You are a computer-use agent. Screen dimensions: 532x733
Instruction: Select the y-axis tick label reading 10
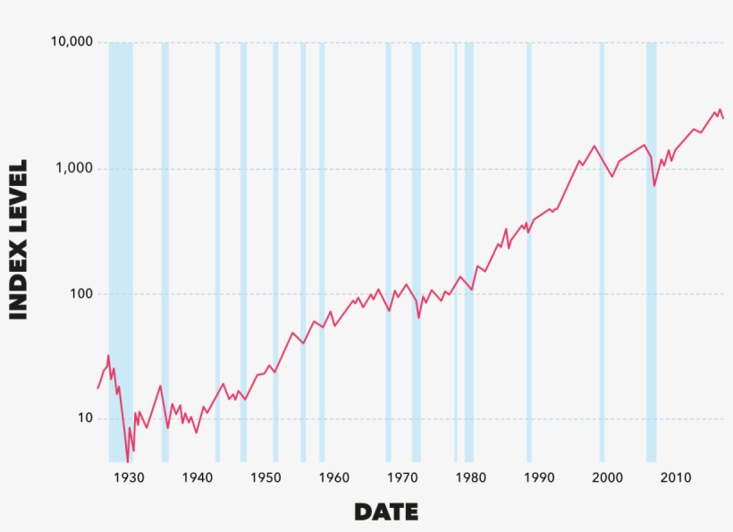(82, 418)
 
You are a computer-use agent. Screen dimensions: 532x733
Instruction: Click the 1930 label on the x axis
(129, 477)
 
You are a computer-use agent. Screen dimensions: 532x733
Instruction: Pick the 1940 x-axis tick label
(197, 477)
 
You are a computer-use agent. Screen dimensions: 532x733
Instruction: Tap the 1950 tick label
(265, 477)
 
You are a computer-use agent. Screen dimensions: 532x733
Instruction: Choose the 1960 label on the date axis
(333, 477)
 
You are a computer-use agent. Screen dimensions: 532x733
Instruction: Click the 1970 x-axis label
(402, 477)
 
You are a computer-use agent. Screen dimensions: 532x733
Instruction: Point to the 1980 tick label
(470, 477)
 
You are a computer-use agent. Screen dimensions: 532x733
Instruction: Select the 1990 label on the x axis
(539, 477)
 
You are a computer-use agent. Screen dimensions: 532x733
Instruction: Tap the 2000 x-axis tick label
(607, 477)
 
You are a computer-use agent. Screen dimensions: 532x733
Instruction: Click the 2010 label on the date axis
(676, 477)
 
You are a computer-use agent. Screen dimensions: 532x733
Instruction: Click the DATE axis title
(386, 512)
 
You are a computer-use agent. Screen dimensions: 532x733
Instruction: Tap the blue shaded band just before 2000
(602, 250)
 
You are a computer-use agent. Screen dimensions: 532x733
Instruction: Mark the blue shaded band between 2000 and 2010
(652, 250)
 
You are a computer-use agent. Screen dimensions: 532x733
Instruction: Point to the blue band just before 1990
(529, 250)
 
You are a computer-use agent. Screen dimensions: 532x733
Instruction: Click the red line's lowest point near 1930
(128, 459)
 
